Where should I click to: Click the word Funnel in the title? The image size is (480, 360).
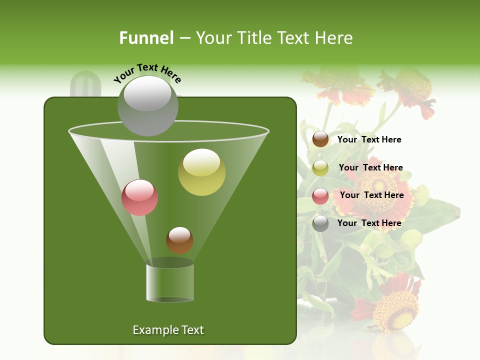point(146,38)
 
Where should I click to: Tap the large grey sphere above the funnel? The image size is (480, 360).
point(148,105)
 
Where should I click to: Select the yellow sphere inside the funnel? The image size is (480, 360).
point(202,172)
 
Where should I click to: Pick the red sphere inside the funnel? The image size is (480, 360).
point(139,197)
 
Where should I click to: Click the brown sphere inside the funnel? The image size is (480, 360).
point(179,240)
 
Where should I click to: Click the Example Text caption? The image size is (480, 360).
point(168,330)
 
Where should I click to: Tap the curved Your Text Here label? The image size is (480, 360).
point(147,73)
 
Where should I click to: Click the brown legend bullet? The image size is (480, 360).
point(320,139)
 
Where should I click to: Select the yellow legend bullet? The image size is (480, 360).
point(320,168)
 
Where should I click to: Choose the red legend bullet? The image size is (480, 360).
point(320,196)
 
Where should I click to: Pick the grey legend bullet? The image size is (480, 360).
point(320,223)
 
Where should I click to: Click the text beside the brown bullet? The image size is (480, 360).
point(369,140)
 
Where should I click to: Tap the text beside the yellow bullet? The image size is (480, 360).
point(370,168)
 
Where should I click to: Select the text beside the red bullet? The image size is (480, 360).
point(371,195)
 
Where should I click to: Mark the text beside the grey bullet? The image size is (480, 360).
point(369,223)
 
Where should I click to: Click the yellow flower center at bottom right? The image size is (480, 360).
point(395,310)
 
